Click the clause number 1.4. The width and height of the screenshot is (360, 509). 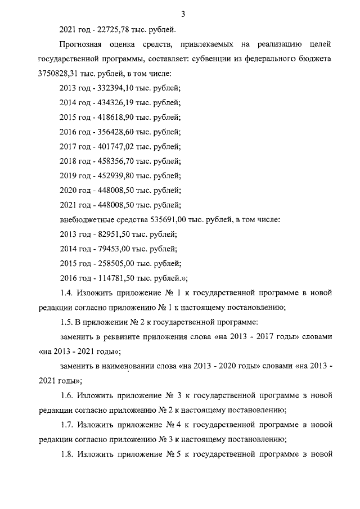coord(66,292)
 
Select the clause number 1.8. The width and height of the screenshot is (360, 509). coord(66,453)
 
